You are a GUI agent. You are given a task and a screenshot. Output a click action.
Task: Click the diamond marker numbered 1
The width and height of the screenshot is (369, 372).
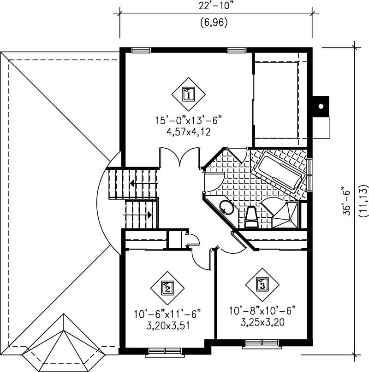(188, 93)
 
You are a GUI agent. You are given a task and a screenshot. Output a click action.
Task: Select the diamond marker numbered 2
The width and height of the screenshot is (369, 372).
(167, 288)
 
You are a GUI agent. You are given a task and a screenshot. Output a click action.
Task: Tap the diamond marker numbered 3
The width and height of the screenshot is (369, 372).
(262, 284)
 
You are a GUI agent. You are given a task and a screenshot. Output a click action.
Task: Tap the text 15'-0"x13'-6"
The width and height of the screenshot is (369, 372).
(188, 122)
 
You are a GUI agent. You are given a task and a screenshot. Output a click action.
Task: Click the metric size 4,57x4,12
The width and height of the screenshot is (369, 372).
(188, 133)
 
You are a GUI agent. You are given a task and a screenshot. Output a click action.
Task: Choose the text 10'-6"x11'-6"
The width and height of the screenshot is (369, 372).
(167, 315)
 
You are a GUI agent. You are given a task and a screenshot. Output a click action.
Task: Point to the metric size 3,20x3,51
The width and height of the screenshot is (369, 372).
(167, 326)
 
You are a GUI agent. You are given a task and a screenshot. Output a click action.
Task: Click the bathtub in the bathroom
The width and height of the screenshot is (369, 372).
(280, 171)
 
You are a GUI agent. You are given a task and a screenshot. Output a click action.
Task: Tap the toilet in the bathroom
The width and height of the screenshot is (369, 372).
(251, 217)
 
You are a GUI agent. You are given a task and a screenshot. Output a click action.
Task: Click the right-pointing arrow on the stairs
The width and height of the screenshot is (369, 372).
(150, 214)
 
